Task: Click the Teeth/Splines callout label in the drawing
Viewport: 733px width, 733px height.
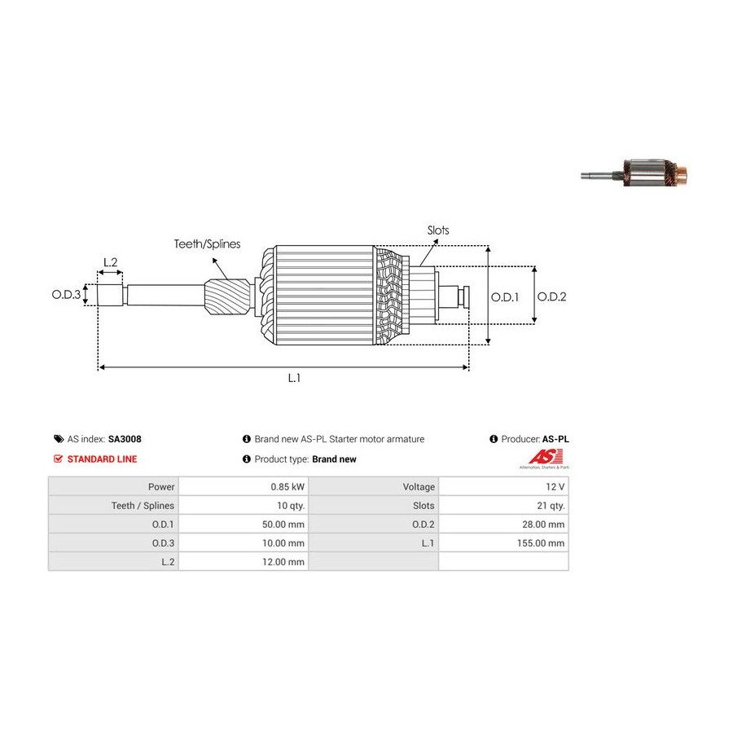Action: [x=207, y=244]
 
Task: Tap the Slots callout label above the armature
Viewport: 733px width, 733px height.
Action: [x=438, y=230]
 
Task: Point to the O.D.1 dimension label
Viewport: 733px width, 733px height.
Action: [x=505, y=296]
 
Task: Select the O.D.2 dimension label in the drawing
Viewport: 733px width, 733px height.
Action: [x=551, y=296]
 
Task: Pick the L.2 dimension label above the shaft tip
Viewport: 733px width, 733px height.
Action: [x=111, y=262]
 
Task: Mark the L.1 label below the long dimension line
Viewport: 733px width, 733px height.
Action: [x=294, y=378]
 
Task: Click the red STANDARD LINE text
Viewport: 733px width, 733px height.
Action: [x=102, y=459]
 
